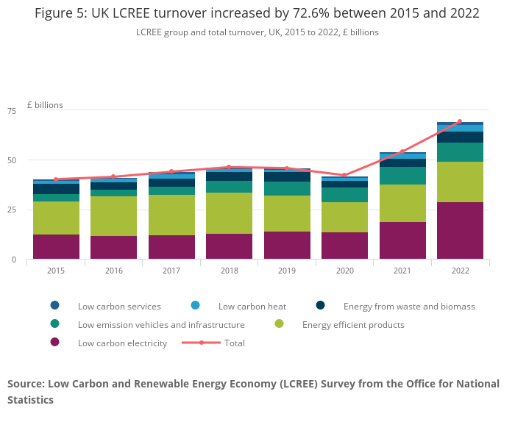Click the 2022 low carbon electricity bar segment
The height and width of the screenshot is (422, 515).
click(460, 230)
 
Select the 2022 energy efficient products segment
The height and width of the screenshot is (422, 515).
click(460, 182)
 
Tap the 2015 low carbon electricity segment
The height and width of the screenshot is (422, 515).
click(56, 246)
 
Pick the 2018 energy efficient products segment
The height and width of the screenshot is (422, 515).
click(229, 213)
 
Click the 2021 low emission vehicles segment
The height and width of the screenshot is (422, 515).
click(402, 176)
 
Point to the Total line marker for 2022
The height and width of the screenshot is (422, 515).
click(460, 121)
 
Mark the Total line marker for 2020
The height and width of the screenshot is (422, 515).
click(344, 175)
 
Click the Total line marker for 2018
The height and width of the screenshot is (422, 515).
click(229, 167)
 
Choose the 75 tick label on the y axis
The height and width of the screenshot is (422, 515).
click(11, 111)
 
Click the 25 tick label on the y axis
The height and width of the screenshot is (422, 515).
click(11, 210)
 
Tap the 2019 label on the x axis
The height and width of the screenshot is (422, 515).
click(286, 271)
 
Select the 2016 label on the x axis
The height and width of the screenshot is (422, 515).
click(113, 271)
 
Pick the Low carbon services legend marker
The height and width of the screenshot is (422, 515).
click(54, 306)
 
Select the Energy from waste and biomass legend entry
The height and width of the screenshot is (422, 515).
click(409, 306)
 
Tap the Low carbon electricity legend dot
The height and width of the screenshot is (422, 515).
click(54, 343)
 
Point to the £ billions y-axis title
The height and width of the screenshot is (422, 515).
click(45, 105)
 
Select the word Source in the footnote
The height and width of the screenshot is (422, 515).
click(26, 384)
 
